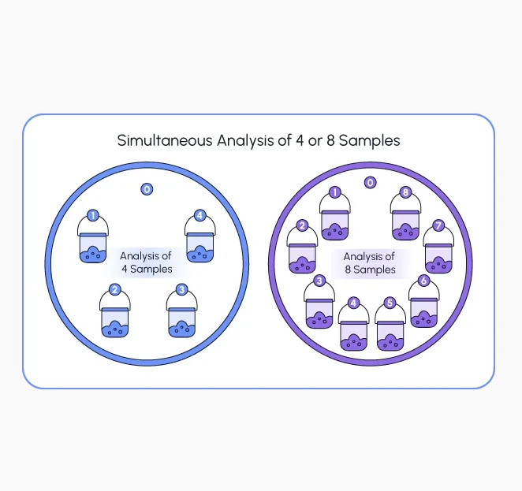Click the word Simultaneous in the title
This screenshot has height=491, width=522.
[x=165, y=140]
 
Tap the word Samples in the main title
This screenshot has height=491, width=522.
[x=370, y=141]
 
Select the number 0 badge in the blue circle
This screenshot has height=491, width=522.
[x=147, y=189]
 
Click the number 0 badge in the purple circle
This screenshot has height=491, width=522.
[x=370, y=182]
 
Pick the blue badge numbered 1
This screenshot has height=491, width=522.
[x=93, y=216]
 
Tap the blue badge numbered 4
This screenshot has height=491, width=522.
[x=199, y=216]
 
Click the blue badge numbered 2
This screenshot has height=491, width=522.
[x=115, y=289]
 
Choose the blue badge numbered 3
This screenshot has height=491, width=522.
[x=182, y=289]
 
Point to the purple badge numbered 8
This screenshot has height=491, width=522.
[x=405, y=192]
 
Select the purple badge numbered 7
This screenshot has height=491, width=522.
[x=438, y=225]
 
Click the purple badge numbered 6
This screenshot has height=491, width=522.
[x=423, y=281]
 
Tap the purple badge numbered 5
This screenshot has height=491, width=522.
[x=390, y=303]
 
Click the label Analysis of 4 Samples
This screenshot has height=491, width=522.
[x=147, y=262]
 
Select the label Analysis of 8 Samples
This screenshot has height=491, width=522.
[x=370, y=262]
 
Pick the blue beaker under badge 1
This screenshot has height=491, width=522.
[x=93, y=247]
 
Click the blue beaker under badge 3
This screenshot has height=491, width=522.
[x=181, y=322]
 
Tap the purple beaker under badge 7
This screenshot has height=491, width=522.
[x=438, y=259]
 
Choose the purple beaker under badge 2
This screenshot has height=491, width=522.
[x=302, y=259]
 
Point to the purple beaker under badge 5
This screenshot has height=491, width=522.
[x=390, y=335]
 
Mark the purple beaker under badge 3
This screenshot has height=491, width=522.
[x=319, y=314]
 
